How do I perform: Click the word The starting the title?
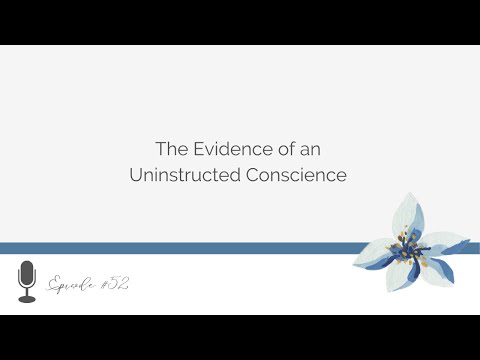coord(169,149)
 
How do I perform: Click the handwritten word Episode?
coord(73,283)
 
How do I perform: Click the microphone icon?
coord(27,281)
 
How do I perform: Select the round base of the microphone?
coord(27,299)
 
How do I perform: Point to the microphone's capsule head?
coord(27,272)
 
